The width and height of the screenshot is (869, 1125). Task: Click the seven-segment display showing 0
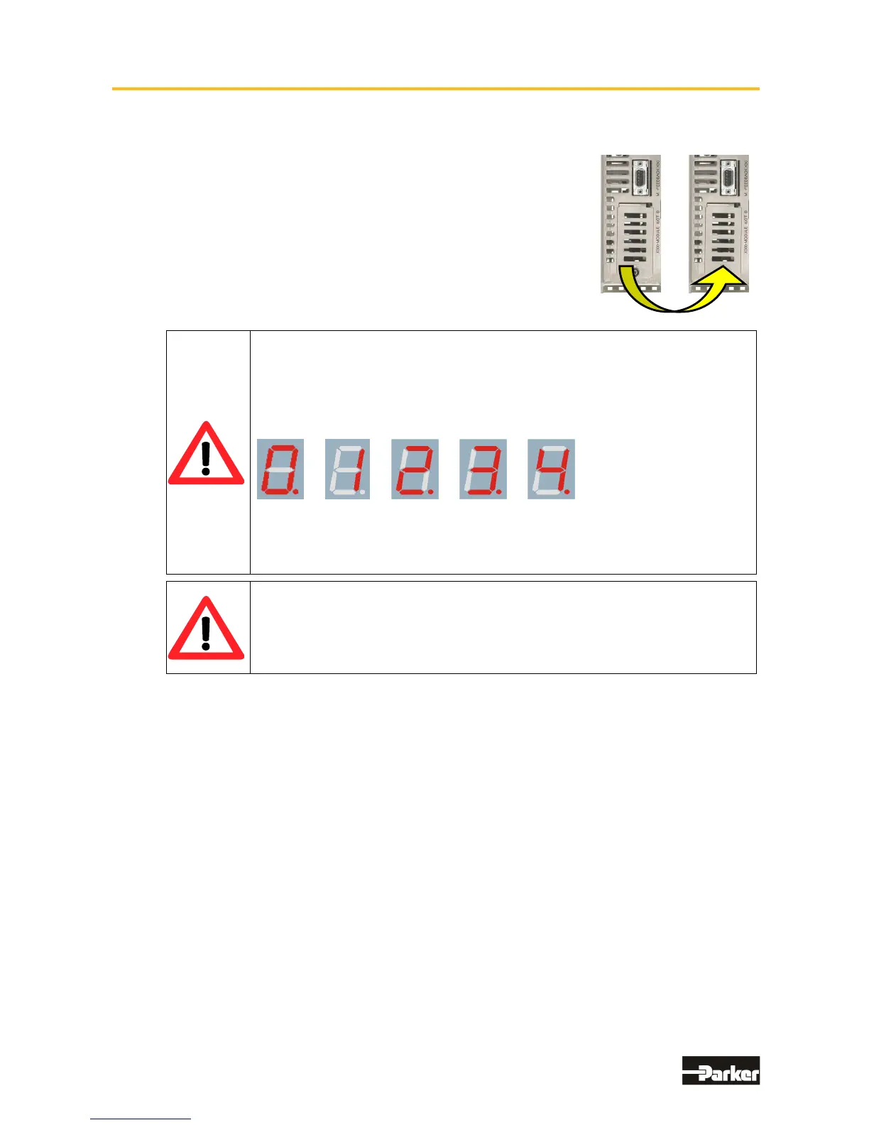pos(280,469)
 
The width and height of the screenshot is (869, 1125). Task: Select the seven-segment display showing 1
pos(347,469)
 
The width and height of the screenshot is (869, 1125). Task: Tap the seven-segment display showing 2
pos(415,469)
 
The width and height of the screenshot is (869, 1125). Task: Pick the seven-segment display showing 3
pos(483,469)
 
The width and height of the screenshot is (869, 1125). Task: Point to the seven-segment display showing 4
pos(551,469)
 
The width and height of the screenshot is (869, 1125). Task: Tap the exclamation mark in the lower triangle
pos(206,632)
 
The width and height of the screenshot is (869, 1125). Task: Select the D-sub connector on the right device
pos(728,178)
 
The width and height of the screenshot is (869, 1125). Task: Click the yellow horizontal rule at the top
pos(435,89)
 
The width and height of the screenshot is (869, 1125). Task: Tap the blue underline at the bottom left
pos(141,1119)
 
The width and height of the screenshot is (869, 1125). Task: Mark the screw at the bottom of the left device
pos(637,273)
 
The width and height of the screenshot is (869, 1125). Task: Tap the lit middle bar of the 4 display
pos(552,469)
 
